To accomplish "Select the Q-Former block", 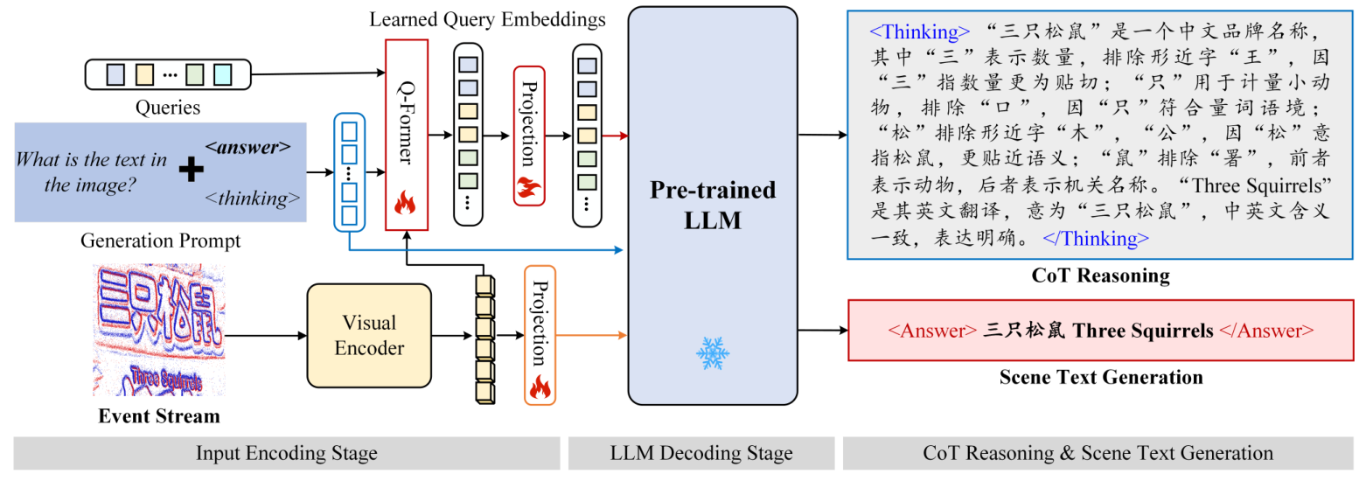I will click(x=407, y=134).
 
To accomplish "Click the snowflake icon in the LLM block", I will click(x=712, y=352).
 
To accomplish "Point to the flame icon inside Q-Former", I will click(x=405, y=205).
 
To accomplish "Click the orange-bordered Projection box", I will click(x=540, y=335).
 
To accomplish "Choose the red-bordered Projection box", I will click(x=528, y=135).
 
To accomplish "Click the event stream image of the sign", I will click(x=159, y=330).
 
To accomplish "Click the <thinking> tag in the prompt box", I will click(x=252, y=199).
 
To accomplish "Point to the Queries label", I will click(x=167, y=108).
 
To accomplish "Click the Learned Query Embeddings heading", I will click(x=487, y=18).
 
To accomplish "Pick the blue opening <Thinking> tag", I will click(x=918, y=32).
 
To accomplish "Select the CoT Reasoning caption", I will click(x=1100, y=275).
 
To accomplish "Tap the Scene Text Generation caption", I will click(x=1100, y=377).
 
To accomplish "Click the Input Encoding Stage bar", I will click(x=286, y=453).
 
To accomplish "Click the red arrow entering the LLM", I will click(x=617, y=136).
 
